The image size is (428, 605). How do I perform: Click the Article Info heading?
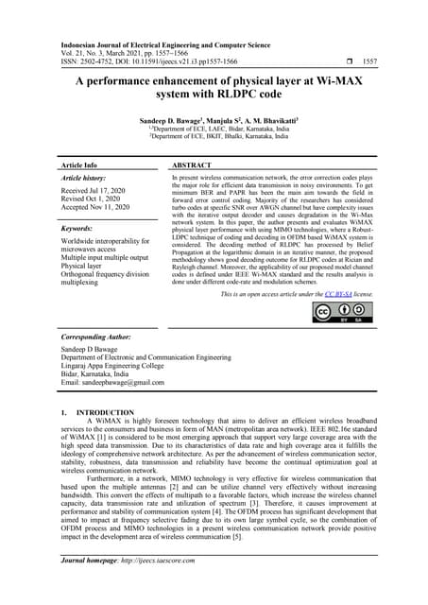(84, 164)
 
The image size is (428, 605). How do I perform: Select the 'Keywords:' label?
(81, 229)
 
